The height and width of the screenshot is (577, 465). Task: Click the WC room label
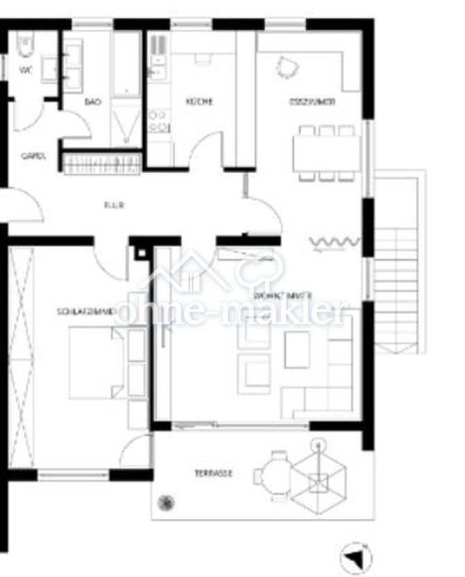26,70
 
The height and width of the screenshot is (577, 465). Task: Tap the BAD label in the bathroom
92,101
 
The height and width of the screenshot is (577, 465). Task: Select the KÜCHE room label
198,101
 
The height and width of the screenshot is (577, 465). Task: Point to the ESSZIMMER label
312,101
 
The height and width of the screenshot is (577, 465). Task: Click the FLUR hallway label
113,205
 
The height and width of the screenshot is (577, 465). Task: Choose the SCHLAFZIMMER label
85,313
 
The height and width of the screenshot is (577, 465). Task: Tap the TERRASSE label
213,473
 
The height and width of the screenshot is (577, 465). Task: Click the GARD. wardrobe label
33,156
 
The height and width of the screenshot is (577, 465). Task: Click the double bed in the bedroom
97,361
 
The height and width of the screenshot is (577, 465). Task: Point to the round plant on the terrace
166,502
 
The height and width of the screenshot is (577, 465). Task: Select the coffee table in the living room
297,349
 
